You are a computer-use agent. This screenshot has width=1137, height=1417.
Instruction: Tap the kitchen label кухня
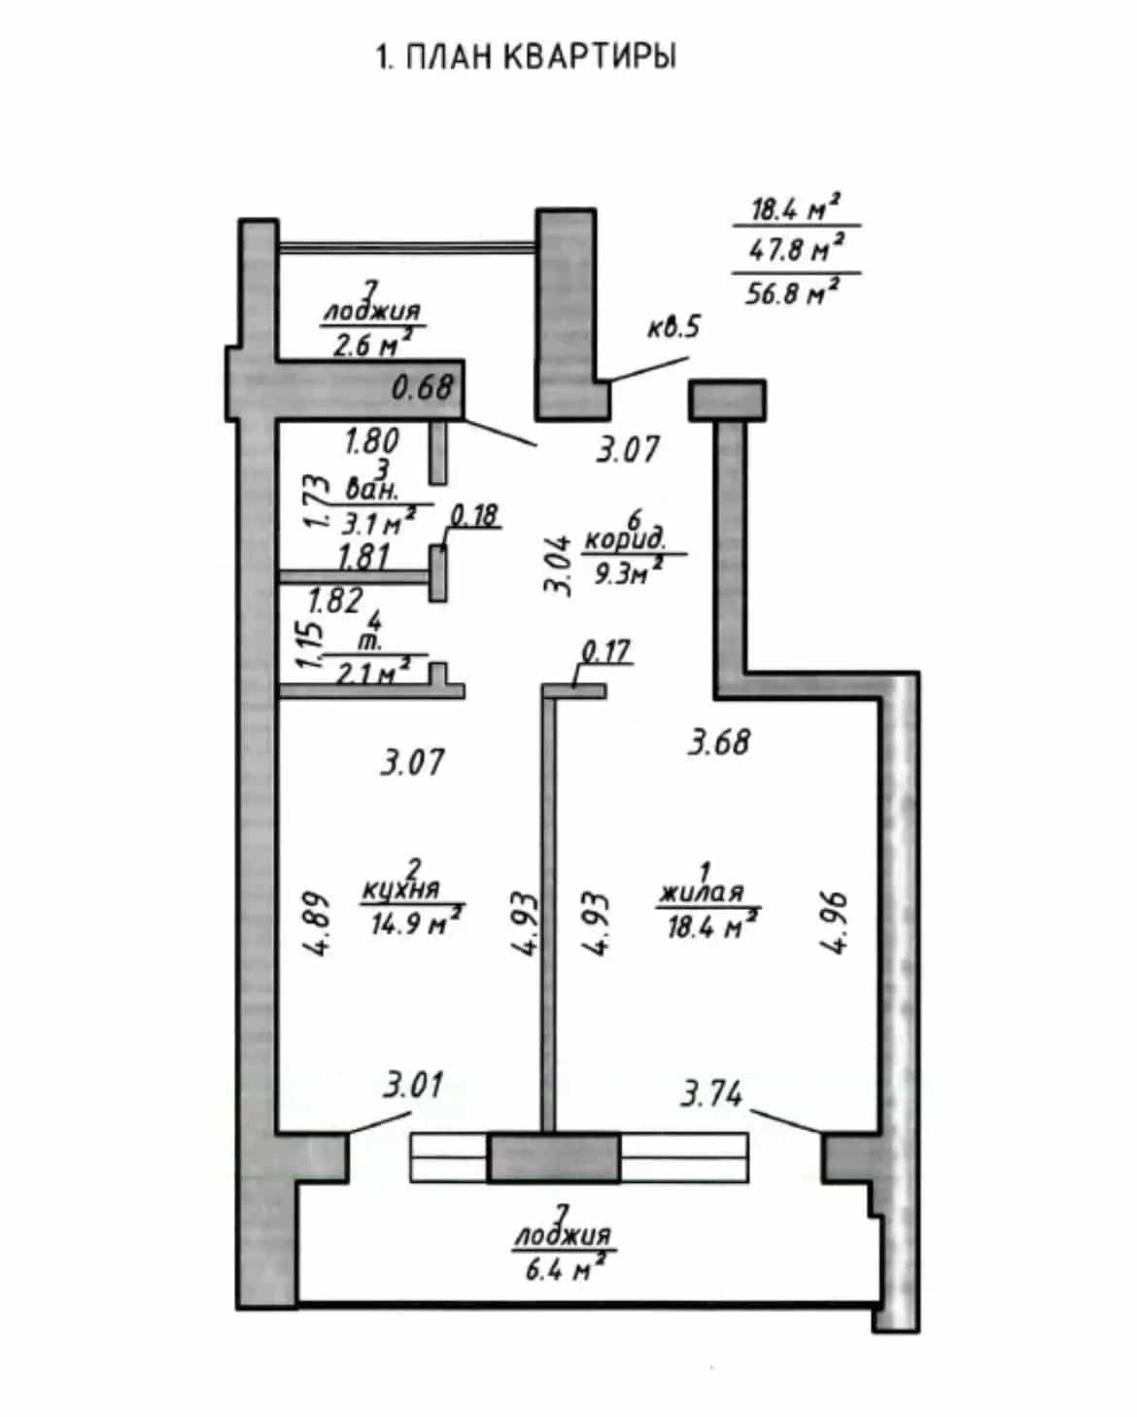(400, 889)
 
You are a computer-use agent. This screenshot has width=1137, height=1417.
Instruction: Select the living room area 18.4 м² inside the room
(713, 926)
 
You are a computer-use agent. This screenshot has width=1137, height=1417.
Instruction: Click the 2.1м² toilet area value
(373, 672)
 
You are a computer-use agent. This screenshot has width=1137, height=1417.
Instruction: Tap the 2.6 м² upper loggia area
(372, 343)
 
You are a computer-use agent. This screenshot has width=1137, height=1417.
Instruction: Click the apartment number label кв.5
(673, 327)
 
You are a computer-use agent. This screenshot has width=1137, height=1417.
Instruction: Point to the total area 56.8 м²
(794, 291)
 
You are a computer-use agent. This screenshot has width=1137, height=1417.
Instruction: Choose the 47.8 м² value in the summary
(797, 248)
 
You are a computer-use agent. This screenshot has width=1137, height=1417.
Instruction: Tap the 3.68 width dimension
(719, 743)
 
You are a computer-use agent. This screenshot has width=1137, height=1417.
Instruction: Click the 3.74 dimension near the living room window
(711, 1093)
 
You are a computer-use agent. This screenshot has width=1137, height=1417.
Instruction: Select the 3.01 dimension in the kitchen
(413, 1085)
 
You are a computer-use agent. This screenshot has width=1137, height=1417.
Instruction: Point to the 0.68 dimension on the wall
(423, 387)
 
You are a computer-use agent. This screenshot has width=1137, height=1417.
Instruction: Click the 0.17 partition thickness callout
(606, 651)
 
